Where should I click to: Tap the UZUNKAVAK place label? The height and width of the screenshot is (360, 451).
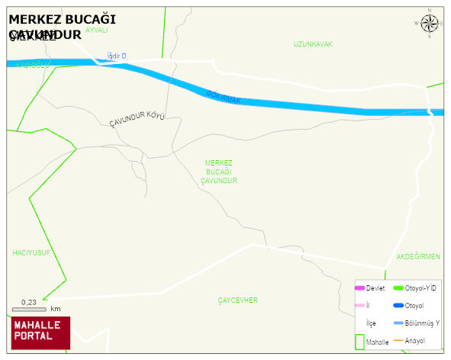[313, 44]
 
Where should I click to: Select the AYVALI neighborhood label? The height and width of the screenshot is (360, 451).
[97, 31]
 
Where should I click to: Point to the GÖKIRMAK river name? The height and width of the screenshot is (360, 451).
[223, 96]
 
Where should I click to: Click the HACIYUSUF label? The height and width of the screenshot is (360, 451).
[31, 252]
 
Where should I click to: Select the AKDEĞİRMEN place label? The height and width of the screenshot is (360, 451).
[418, 257]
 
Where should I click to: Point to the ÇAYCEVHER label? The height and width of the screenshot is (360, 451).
[237, 301]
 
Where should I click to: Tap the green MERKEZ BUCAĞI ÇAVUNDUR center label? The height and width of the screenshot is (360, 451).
[219, 172]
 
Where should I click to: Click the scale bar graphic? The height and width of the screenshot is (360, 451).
[29, 310]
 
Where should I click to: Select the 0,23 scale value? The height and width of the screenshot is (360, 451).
[29, 303]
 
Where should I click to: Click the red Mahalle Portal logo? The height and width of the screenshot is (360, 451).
[40, 333]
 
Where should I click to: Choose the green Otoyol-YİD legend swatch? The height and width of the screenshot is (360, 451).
[398, 288]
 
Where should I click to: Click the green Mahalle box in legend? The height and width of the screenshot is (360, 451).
[359, 342]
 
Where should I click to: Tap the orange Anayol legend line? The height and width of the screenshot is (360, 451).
[398, 340]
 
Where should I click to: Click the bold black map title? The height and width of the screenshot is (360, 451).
[62, 26]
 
